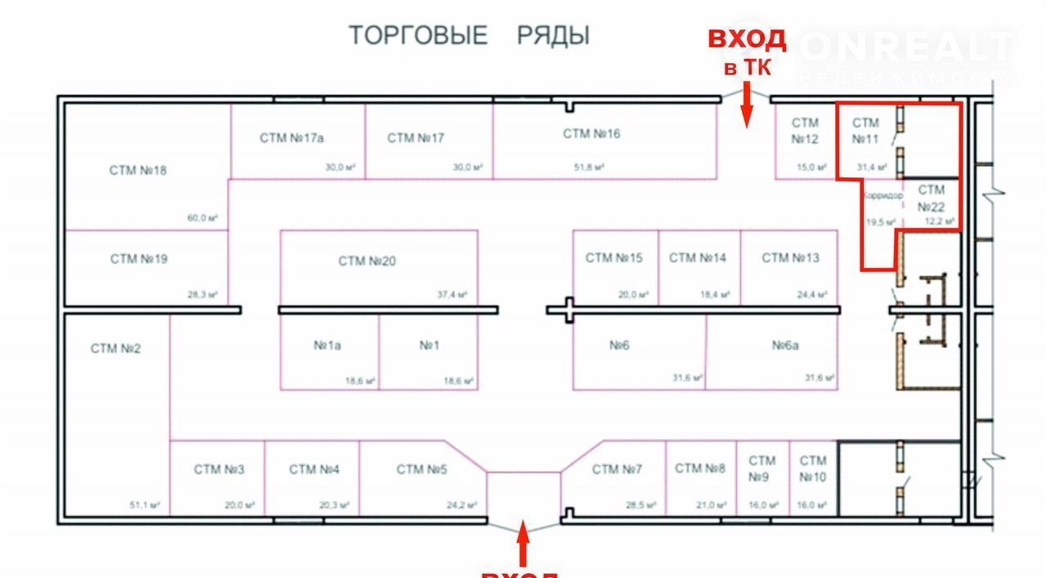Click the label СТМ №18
[x=137, y=171]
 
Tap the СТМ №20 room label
[x=366, y=262]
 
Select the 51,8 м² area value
[x=589, y=168]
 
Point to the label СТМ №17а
[x=298, y=138]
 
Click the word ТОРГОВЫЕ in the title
[x=418, y=36]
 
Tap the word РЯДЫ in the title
[x=553, y=36]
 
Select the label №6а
[x=785, y=346]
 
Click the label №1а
[x=327, y=346]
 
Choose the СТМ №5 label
[x=422, y=469]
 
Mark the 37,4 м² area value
[x=452, y=295]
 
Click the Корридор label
[x=883, y=196]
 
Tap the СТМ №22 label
[x=931, y=199]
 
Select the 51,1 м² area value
[x=144, y=505]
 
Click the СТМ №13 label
[x=790, y=258]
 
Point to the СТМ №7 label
[x=617, y=469]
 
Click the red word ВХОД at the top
[x=746, y=39]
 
